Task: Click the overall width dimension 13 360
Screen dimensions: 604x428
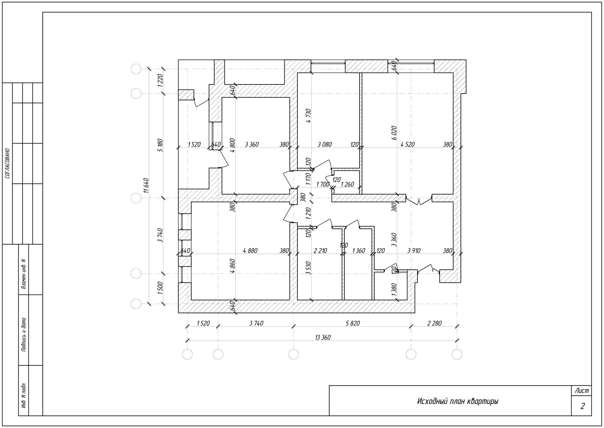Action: pyautogui.click(x=323, y=337)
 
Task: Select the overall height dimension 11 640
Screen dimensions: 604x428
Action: pyautogui.click(x=146, y=186)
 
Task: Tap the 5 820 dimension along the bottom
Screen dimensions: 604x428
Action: pyautogui.click(x=353, y=323)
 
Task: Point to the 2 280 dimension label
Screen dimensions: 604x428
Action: pyautogui.click(x=434, y=323)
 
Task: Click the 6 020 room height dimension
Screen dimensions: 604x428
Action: pyautogui.click(x=394, y=133)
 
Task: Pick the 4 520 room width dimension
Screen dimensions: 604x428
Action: pyautogui.click(x=407, y=145)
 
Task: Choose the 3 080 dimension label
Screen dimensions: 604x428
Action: pyautogui.click(x=325, y=145)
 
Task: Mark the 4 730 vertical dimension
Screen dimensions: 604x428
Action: pyautogui.click(x=309, y=116)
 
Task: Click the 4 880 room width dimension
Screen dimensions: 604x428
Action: pyautogui.click(x=250, y=251)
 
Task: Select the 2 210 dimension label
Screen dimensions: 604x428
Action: pyautogui.click(x=320, y=251)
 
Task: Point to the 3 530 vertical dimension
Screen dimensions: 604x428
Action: pyautogui.click(x=309, y=268)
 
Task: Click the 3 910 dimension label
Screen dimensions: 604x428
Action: pyautogui.click(x=414, y=251)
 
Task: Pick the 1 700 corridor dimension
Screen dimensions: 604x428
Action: pyautogui.click(x=323, y=185)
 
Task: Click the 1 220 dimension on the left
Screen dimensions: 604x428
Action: pyautogui.click(x=160, y=80)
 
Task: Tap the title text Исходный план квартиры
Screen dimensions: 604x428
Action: pyautogui.click(x=458, y=401)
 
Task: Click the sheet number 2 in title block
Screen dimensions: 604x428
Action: pyautogui.click(x=582, y=406)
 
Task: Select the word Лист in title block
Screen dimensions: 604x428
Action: pyautogui.click(x=582, y=391)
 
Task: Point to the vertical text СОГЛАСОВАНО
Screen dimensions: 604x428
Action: pyautogui.click(x=8, y=163)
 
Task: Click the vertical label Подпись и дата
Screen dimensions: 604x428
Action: pyautogui.click(x=24, y=335)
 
